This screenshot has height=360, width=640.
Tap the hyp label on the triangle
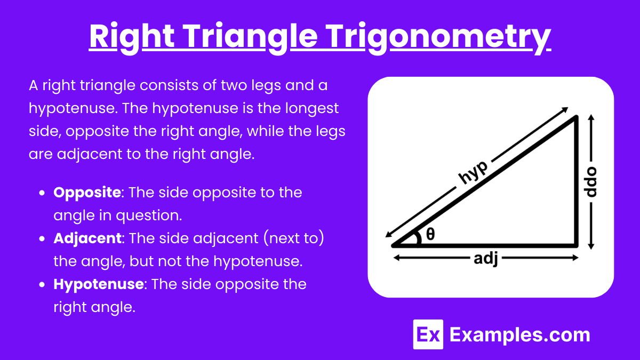click(x=473, y=172)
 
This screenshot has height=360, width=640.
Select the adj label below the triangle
click(x=486, y=259)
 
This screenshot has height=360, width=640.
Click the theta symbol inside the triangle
click(x=430, y=234)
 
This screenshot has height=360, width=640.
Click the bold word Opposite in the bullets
click(x=87, y=193)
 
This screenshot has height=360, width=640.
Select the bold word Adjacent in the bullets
click(x=87, y=239)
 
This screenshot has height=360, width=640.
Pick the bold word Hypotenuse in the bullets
click(x=99, y=285)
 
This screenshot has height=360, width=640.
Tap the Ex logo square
click(x=428, y=334)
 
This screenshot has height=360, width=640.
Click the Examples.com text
click(x=519, y=335)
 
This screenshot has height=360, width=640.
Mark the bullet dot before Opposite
click(x=42, y=193)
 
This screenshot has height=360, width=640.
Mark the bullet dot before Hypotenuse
click(x=42, y=285)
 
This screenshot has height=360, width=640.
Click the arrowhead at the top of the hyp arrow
click(x=565, y=109)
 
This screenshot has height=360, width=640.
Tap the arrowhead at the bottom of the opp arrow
click(x=591, y=246)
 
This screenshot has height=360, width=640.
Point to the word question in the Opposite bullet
click(x=149, y=215)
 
